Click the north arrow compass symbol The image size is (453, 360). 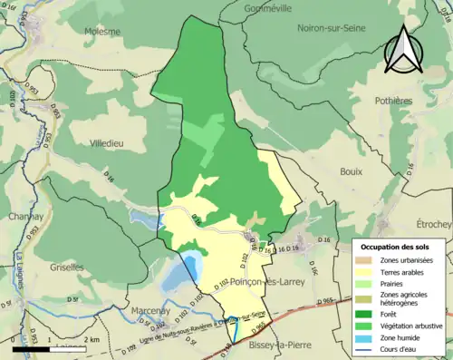[x=402, y=49]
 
